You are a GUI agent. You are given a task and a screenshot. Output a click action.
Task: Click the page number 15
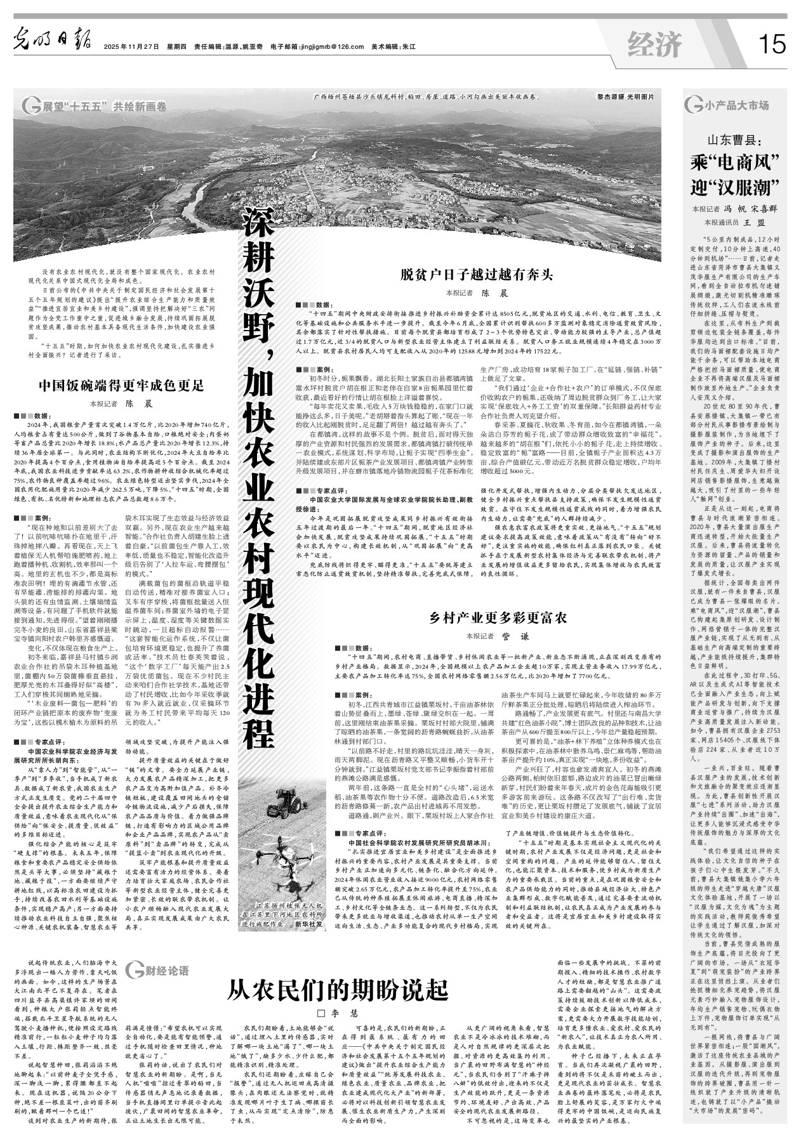click(x=771, y=44)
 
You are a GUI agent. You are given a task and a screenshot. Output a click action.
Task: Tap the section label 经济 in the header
click(x=654, y=44)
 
